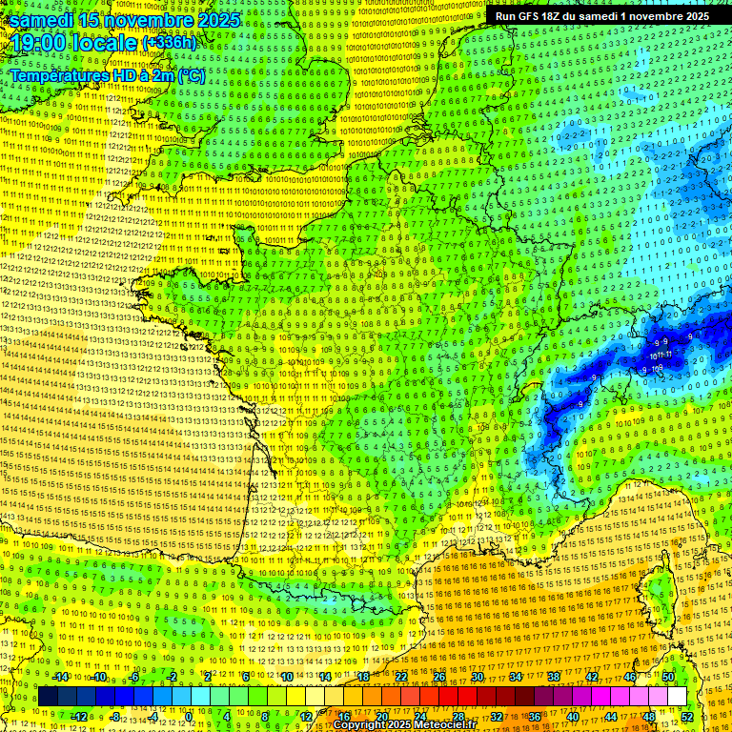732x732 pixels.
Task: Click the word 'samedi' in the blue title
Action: click(42, 20)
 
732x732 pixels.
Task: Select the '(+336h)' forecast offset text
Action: click(170, 43)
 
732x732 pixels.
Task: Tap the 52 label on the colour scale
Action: click(686, 717)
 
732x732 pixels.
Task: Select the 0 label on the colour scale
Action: click(189, 717)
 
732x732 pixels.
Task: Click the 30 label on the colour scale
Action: click(477, 676)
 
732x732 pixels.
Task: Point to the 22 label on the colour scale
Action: click(401, 676)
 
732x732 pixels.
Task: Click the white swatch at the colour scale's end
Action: click(676, 697)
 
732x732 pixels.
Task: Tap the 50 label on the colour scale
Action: click(667, 676)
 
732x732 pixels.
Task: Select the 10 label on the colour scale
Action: click(285, 676)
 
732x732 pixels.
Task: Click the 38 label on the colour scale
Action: click(553, 676)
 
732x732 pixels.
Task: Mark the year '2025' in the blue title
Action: click(216, 20)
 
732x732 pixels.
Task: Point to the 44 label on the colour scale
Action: click(610, 717)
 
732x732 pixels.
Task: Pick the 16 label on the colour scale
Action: click(343, 717)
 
